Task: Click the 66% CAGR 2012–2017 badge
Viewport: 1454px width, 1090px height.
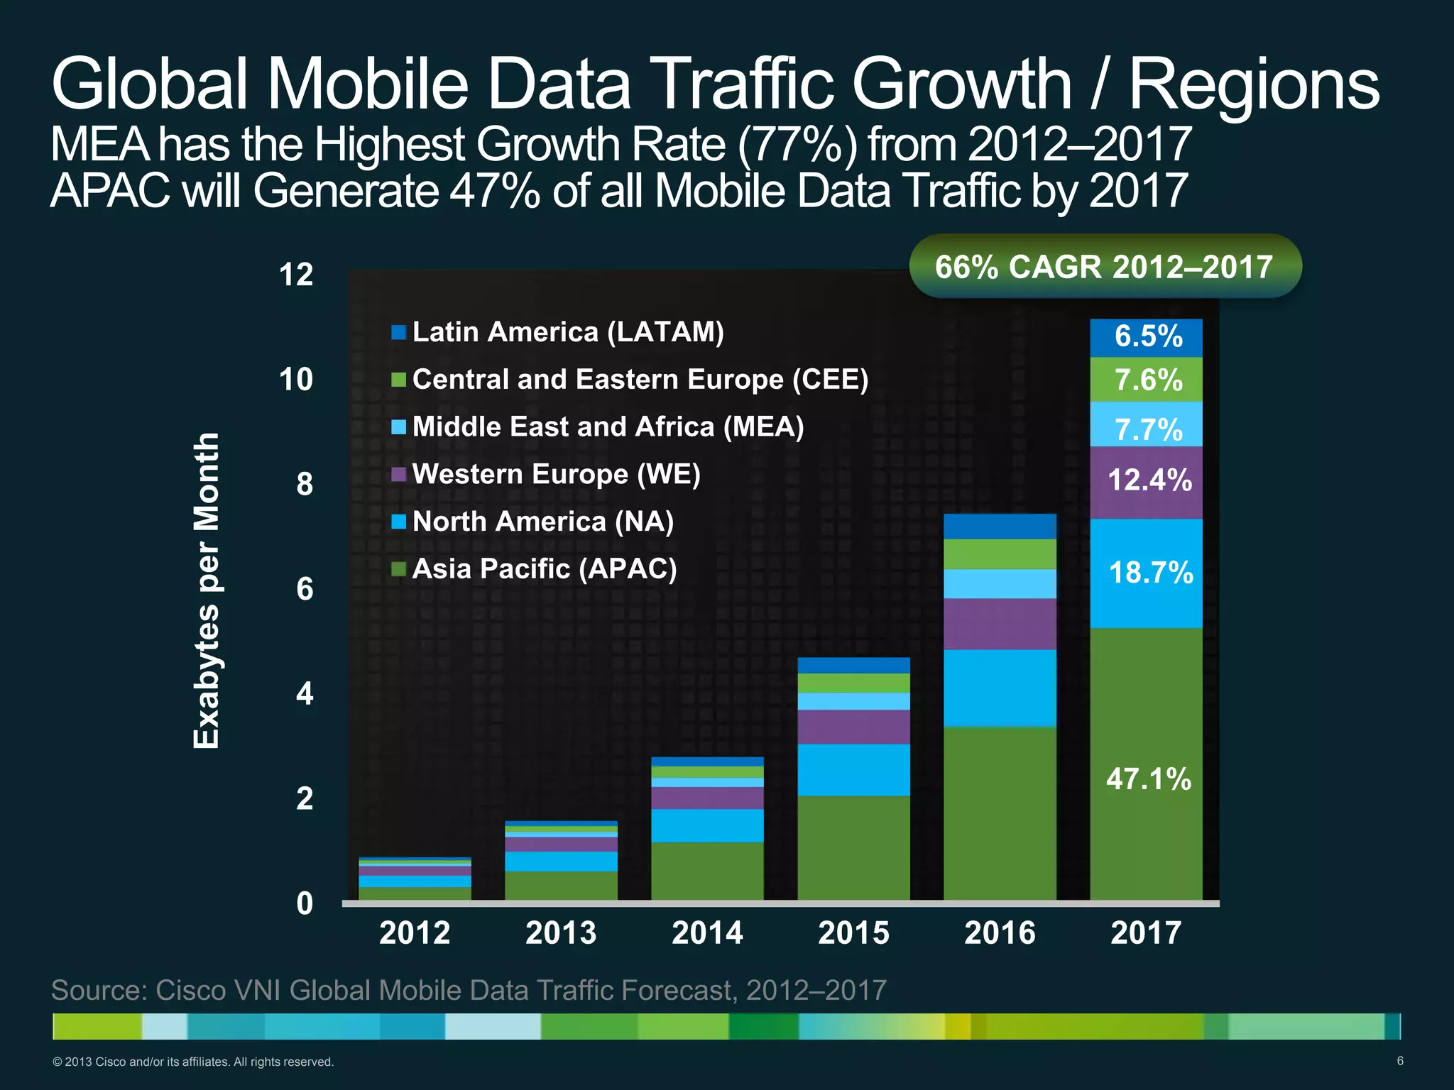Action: click(1105, 267)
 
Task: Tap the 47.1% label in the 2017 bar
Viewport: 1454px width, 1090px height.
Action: click(1148, 778)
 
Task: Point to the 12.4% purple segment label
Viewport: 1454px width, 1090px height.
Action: click(1149, 480)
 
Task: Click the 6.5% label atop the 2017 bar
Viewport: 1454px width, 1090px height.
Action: click(1148, 336)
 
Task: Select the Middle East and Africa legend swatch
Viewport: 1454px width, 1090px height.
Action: click(398, 427)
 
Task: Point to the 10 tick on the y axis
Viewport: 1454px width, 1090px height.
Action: click(296, 380)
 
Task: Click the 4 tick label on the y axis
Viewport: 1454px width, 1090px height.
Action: click(305, 694)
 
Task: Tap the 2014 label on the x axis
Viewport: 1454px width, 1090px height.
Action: click(707, 932)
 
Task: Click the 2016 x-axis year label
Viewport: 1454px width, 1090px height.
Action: click(1000, 932)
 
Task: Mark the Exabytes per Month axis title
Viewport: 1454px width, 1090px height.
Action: click(207, 590)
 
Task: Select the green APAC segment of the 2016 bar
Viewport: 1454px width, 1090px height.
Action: click(1000, 813)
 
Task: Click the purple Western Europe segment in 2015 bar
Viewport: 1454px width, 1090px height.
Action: click(853, 727)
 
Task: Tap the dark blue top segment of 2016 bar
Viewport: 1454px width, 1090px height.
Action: click(1000, 526)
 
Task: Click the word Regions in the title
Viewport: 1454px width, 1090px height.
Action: click(1254, 85)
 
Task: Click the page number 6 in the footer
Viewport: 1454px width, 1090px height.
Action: click(1399, 1061)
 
